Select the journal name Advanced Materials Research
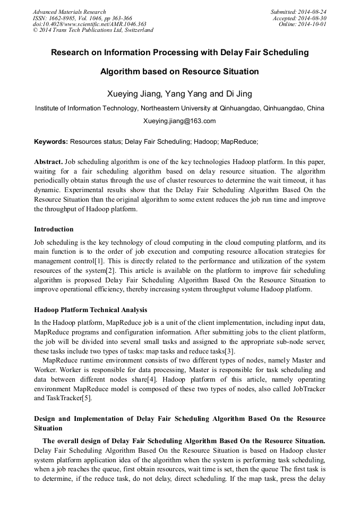[70, 12]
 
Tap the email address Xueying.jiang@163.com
[179, 121]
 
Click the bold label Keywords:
[51, 142]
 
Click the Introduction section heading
[54, 229]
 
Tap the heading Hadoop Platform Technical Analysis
[90, 310]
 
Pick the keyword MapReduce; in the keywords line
[239, 142]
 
